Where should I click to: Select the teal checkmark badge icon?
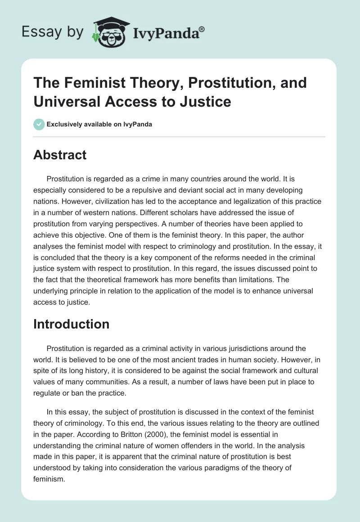point(39,124)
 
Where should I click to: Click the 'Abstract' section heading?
point(60,155)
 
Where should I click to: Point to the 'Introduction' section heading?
point(71,324)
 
